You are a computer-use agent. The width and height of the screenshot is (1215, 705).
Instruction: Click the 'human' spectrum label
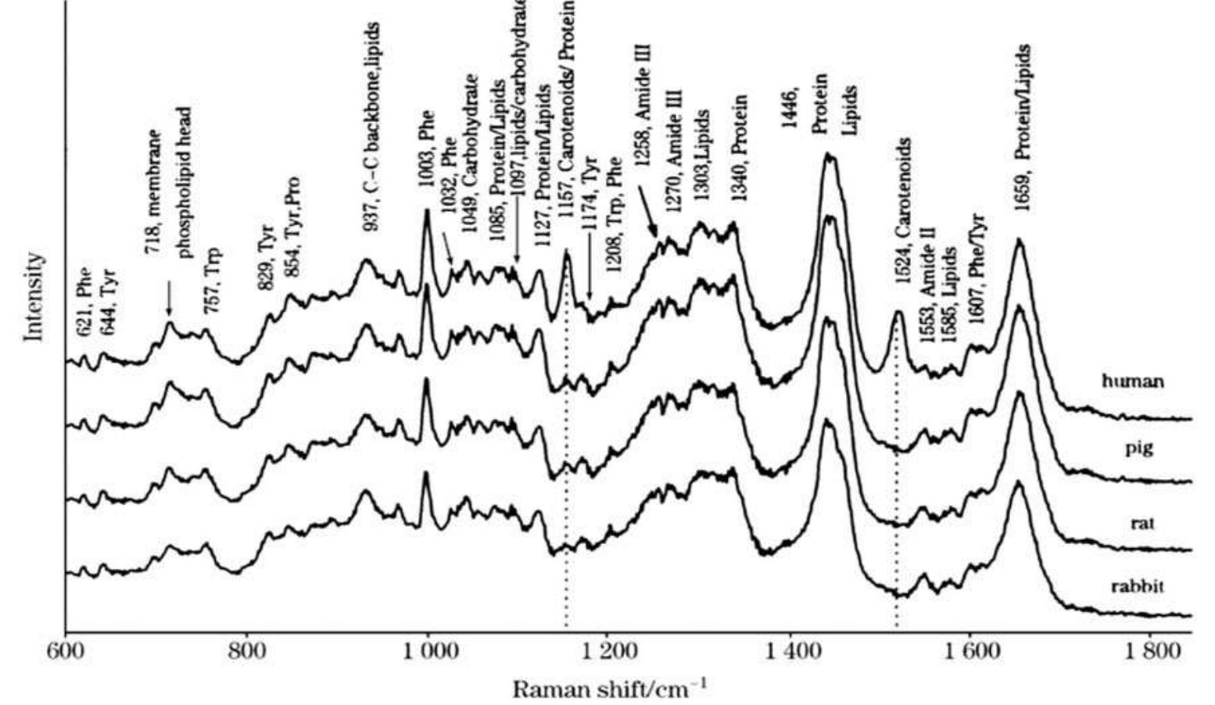click(1133, 381)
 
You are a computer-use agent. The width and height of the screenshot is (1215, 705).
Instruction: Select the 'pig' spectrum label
click(1139, 449)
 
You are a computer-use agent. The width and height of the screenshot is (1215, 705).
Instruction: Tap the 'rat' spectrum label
click(1142, 523)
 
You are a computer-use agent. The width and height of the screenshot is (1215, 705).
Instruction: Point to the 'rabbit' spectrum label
click(1138, 586)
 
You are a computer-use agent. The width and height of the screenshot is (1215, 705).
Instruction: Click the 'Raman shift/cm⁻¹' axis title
click(611, 689)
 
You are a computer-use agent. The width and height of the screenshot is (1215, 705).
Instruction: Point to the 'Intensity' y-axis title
click(34, 296)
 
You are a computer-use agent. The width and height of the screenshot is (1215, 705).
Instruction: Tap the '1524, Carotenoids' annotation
click(903, 211)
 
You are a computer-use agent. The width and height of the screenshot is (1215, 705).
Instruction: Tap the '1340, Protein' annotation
click(740, 149)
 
